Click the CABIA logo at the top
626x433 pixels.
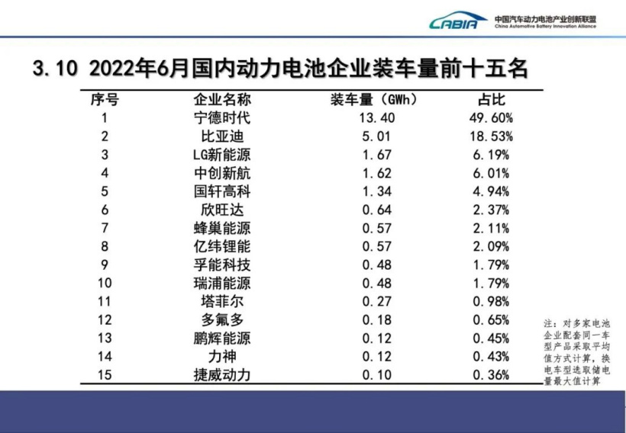click(x=458, y=21)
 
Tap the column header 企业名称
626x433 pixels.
click(x=221, y=100)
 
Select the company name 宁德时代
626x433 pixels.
click(x=221, y=118)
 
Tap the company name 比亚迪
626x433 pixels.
click(x=221, y=136)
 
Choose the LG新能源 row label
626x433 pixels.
click(x=221, y=155)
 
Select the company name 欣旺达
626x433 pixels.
click(x=221, y=210)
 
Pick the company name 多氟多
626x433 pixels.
click(x=221, y=319)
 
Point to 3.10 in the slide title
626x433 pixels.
click(x=56, y=69)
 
